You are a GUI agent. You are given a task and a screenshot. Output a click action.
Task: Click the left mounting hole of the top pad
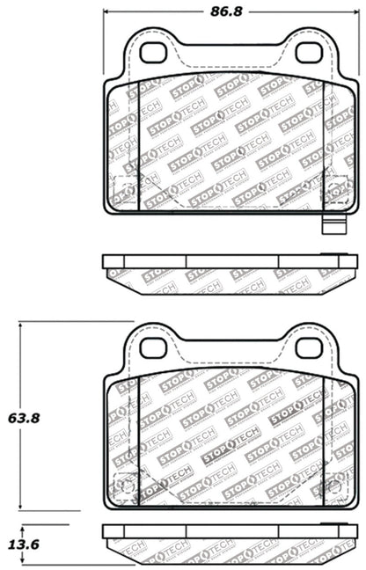[153, 53]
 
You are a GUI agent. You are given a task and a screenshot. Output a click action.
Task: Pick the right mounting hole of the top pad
[308, 53]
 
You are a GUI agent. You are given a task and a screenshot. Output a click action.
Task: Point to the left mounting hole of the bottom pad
[153, 347]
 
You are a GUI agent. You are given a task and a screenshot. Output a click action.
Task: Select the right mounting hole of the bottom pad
[308, 347]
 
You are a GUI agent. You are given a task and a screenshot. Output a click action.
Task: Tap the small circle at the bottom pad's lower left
[125, 485]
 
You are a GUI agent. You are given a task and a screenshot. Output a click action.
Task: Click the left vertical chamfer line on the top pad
[140, 145]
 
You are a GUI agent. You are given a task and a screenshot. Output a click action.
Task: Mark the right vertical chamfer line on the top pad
[323, 145]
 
